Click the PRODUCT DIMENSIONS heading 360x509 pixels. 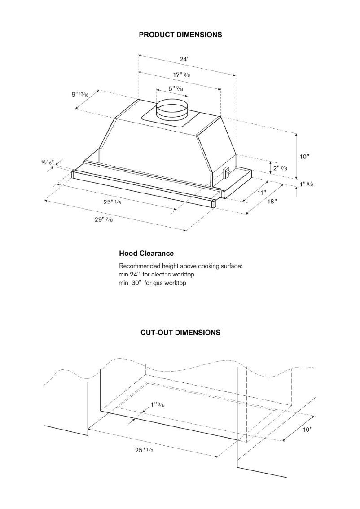tap(180, 35)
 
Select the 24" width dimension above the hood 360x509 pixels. tap(185, 60)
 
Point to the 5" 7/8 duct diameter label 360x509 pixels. tap(176, 89)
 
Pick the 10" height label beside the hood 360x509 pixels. tap(305, 156)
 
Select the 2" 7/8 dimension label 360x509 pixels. tap(280, 167)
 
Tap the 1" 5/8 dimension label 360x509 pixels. tap(307, 184)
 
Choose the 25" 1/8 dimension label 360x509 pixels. tap(112, 202)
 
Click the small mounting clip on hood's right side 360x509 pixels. tap(227, 171)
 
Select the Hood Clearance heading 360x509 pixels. tap(146, 254)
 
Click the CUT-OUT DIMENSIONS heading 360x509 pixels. tap(180, 333)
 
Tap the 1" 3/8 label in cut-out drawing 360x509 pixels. tap(157, 404)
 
